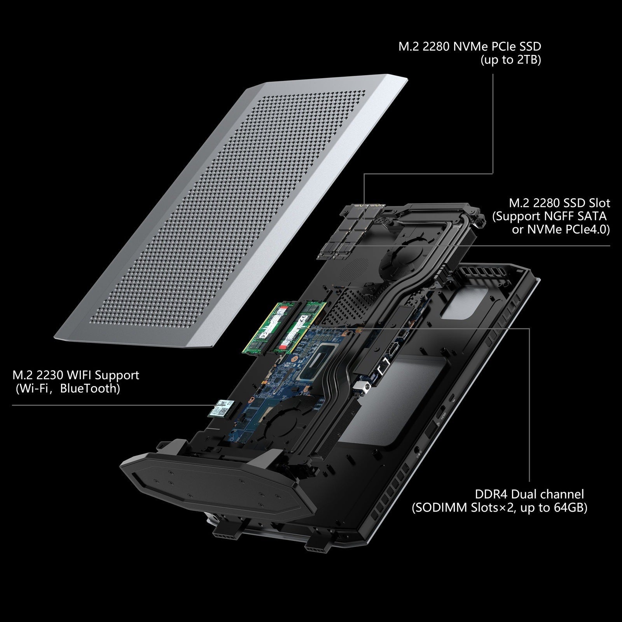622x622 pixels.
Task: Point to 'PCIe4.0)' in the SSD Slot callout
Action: [x=588, y=229]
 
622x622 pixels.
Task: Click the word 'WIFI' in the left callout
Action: [x=81, y=375]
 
